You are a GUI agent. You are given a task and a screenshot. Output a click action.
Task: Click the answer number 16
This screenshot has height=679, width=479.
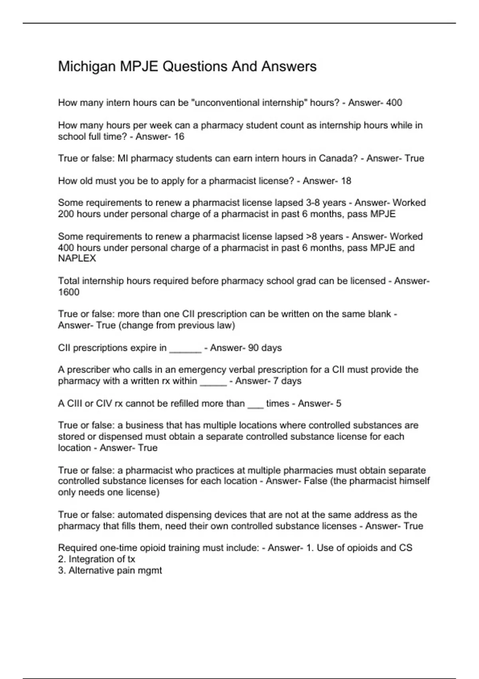pyautogui.click(x=179, y=137)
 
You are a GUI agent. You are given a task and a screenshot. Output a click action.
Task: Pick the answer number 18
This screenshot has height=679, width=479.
pyautogui.click(x=346, y=181)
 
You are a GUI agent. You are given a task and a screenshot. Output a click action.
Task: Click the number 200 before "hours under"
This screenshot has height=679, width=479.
pyautogui.click(x=66, y=214)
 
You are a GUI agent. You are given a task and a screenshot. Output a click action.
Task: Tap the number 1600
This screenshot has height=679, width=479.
pyautogui.click(x=69, y=292)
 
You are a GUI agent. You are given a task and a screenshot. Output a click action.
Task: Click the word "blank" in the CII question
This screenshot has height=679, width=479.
pyautogui.click(x=379, y=314)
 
